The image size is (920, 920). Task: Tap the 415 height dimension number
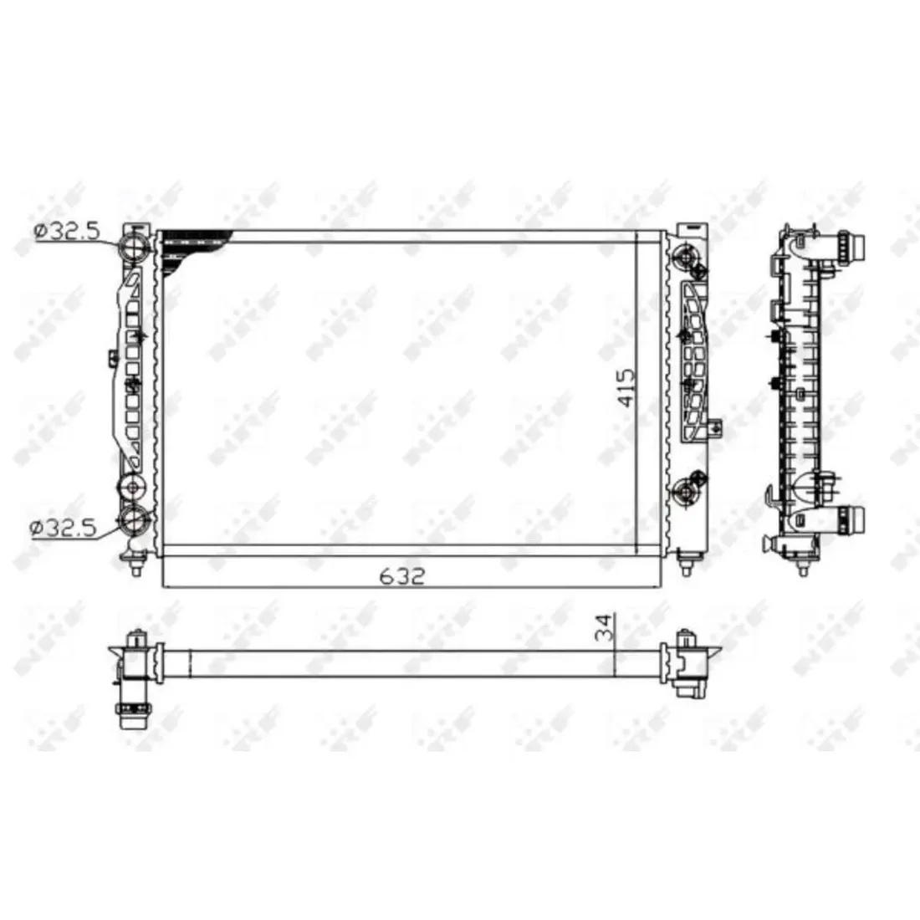click(626, 388)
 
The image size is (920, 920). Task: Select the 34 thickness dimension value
click(605, 627)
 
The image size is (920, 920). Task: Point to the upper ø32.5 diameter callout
click(68, 231)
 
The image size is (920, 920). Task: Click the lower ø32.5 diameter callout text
click(63, 528)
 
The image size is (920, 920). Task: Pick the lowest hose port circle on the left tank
click(133, 519)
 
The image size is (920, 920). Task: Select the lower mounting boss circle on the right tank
click(685, 490)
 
